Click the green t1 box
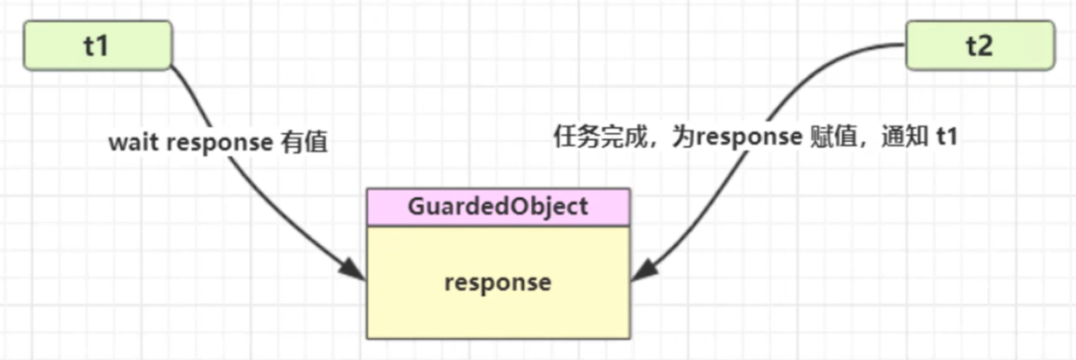click(x=97, y=46)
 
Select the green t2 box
click(x=979, y=46)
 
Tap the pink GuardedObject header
click(x=498, y=208)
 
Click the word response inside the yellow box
click(x=498, y=282)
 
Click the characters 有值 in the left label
click(x=304, y=143)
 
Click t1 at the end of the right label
click(x=945, y=137)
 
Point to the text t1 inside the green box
click(x=96, y=46)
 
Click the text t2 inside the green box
click(x=979, y=46)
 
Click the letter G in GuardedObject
click(x=416, y=208)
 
